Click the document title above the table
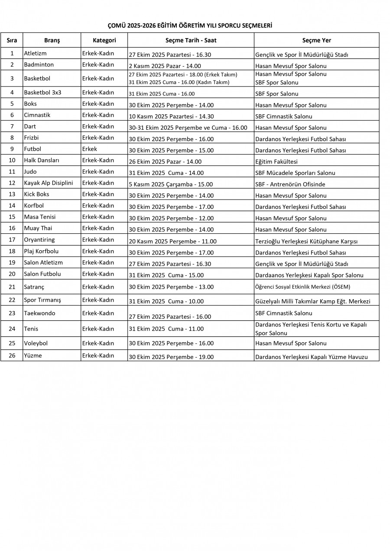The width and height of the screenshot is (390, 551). point(190,26)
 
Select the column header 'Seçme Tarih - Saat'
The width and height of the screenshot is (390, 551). point(191,40)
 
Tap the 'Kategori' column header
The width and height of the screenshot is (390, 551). point(104,40)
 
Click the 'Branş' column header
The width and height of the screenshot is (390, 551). point(52,40)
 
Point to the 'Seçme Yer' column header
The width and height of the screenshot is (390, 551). point(316,40)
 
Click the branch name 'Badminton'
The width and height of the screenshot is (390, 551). point(39,65)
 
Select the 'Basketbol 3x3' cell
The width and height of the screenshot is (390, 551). point(42,93)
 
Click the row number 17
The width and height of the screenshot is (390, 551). point(12,240)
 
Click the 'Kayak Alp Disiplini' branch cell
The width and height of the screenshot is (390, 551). point(49,183)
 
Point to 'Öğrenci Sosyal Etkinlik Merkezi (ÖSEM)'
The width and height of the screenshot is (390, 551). point(302,287)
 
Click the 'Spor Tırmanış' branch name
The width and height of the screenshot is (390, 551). point(42,300)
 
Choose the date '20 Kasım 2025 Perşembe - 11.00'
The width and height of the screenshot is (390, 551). point(172,242)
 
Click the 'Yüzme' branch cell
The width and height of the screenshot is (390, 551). point(33,356)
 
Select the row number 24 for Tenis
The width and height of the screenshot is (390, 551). point(12,329)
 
